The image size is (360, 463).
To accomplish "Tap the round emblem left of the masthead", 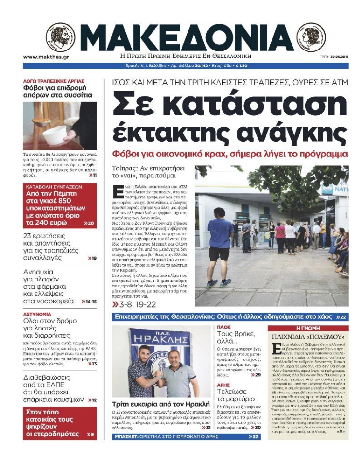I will (x=60, y=38).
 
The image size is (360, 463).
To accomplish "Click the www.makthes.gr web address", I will (x=46, y=57).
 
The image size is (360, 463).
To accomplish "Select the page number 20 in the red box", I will (x=91, y=223).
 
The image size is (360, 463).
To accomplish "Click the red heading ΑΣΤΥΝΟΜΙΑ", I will (x=37, y=314).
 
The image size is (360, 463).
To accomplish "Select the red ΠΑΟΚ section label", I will (x=224, y=327).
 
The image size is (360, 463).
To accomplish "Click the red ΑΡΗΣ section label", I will (x=223, y=385).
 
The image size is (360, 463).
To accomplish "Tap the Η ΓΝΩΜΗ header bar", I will (x=308, y=328).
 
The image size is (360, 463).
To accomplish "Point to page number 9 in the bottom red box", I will (x=92, y=434).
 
